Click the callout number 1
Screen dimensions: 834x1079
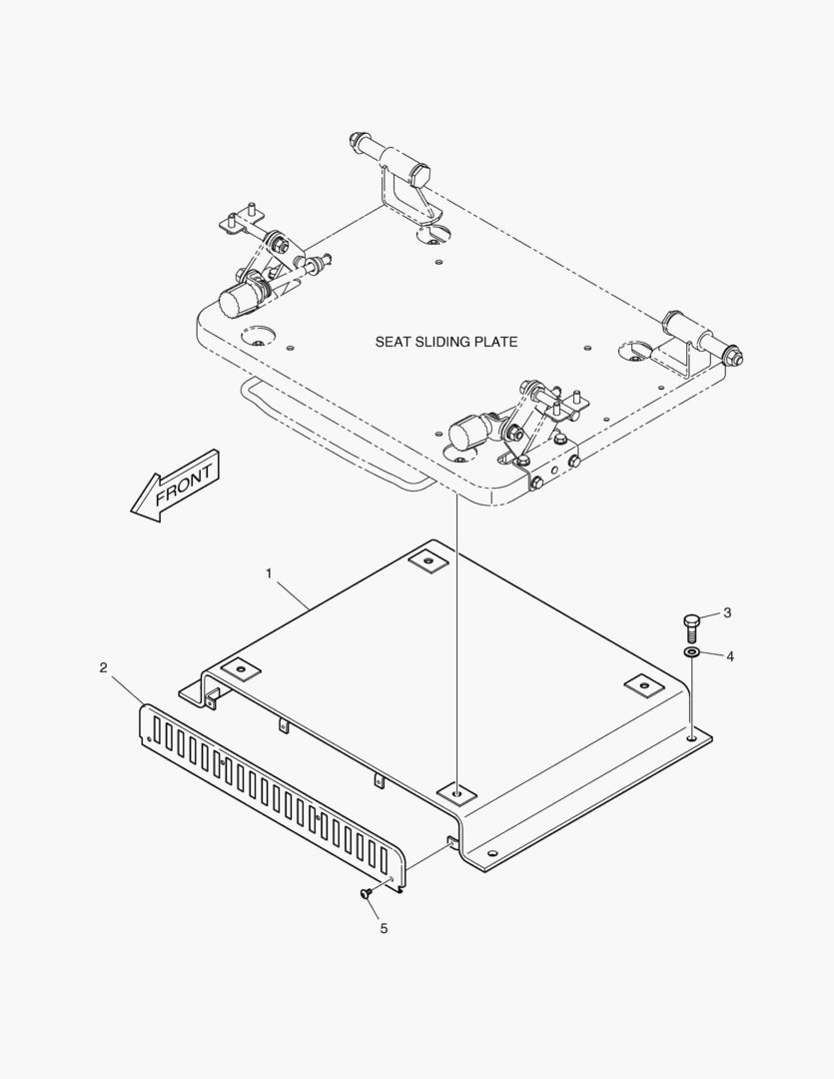[269, 572]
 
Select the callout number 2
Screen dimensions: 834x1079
[104, 667]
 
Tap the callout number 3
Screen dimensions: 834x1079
[727, 612]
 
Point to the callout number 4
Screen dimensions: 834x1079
[730, 656]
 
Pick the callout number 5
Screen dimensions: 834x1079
[383, 928]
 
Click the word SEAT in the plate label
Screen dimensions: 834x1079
[393, 342]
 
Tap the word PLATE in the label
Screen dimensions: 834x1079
[498, 342]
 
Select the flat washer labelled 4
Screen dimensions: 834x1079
[691, 652]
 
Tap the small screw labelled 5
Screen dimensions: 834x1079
[367, 893]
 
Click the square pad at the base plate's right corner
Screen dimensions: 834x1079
[643, 685]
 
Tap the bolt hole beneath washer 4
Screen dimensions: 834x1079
[691, 739]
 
